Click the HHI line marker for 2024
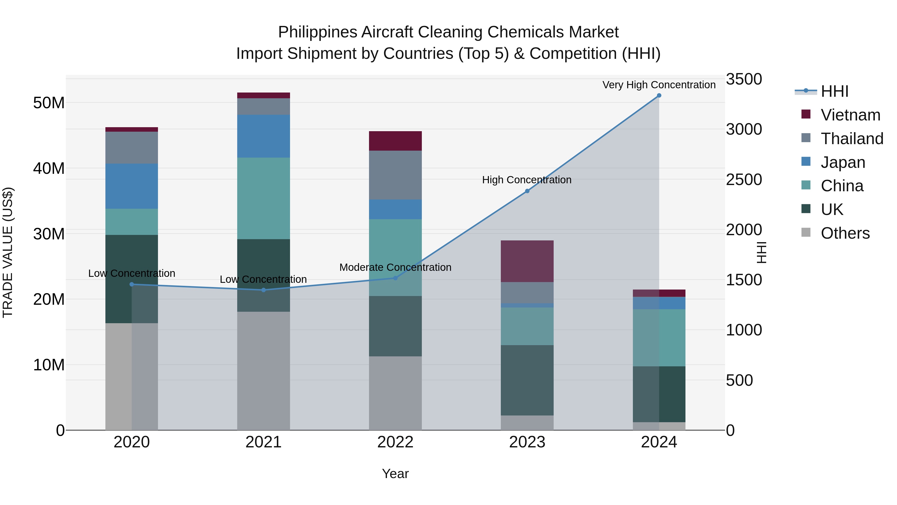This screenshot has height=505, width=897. tap(659, 96)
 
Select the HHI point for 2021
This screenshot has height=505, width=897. tap(264, 290)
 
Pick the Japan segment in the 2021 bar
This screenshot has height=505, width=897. tap(264, 136)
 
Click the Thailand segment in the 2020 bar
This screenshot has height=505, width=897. tap(132, 147)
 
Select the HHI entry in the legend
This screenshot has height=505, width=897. tap(834, 91)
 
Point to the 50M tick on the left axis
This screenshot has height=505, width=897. tap(49, 103)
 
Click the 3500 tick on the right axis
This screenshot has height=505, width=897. tap(744, 79)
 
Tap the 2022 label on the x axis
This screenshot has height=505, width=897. tap(395, 442)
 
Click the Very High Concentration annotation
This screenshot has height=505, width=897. tap(659, 85)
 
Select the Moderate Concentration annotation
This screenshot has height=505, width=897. tap(395, 267)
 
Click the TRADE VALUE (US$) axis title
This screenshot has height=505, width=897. tap(8, 252)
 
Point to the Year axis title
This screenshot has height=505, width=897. tap(395, 474)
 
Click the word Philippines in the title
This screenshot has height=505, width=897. tap(318, 32)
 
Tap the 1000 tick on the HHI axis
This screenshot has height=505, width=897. tap(744, 330)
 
